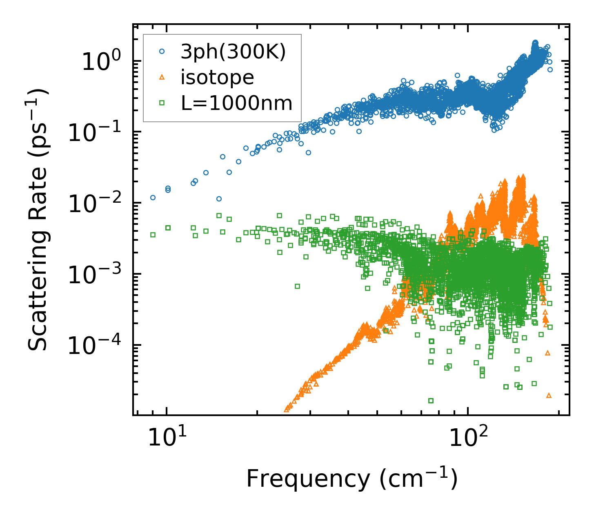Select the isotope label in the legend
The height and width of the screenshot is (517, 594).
click(217, 77)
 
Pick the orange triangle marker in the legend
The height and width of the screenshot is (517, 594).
click(162, 77)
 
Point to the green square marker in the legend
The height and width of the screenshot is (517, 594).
click(162, 103)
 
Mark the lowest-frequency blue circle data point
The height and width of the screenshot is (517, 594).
click(153, 197)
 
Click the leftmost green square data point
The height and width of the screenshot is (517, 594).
click(153, 235)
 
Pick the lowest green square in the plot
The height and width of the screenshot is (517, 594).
click(430, 401)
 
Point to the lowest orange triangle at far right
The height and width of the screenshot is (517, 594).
click(549, 395)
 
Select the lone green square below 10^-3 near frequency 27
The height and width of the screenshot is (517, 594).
click(297, 286)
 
